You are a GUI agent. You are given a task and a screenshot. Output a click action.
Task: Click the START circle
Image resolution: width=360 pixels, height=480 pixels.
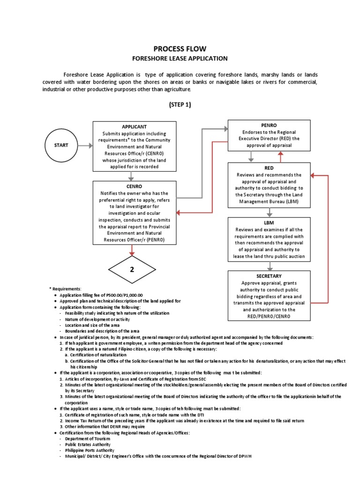coord(61,145)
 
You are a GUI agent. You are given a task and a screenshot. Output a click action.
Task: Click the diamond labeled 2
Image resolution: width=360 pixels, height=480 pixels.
coord(131,269)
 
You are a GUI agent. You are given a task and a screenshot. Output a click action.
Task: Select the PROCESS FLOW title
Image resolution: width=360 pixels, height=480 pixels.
coord(180,49)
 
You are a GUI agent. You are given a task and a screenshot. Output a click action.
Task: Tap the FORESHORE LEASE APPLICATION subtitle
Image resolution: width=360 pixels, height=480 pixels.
coord(180,59)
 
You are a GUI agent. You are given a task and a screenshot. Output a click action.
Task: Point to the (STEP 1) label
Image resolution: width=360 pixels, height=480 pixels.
coord(180,105)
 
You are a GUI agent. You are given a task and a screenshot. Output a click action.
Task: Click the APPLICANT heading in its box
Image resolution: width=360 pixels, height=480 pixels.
coord(134,127)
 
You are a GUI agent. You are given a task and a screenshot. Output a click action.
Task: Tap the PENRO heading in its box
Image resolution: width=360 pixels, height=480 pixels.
coord(269,126)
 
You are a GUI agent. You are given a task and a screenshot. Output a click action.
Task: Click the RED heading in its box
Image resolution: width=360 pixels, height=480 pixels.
coord(269,167)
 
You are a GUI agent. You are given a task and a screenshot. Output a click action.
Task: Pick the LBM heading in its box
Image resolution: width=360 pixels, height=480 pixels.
coord(269,222)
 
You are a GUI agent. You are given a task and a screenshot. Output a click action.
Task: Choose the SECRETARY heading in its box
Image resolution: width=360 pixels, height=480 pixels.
coord(269,276)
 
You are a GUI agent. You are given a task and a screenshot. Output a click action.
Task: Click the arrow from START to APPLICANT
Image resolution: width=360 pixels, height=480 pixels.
coord(85,145)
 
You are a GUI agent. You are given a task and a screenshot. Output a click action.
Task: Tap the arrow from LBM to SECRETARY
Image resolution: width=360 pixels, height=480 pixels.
coord(269,266)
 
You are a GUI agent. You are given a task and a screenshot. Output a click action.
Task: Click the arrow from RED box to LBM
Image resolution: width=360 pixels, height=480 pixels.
coord(269,212)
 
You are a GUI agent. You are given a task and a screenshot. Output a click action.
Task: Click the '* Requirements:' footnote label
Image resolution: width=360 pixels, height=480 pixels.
coord(65,288)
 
